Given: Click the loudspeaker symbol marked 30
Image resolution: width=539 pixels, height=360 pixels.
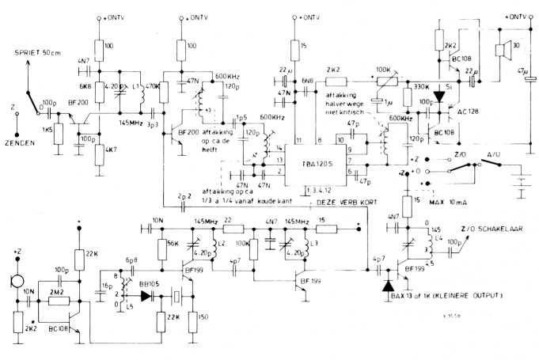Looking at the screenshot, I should point(502,52).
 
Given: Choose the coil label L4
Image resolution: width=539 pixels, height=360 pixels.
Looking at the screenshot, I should point(438,237).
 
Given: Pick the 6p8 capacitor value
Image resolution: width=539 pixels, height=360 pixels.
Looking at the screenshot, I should point(131,260).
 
